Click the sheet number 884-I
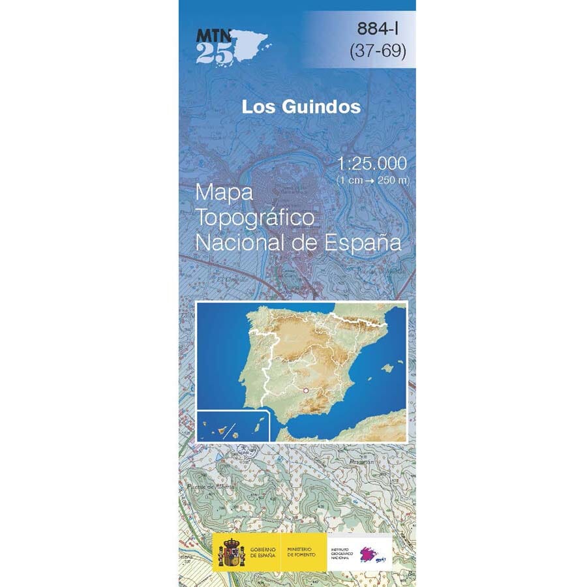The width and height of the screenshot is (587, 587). pyautogui.click(x=381, y=29)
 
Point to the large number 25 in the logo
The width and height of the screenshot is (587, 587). pyautogui.click(x=213, y=55)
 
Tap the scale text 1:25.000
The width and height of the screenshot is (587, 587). pyautogui.click(x=372, y=163)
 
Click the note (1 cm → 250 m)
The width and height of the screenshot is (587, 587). pyautogui.click(x=372, y=179)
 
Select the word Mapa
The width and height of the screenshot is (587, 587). pyautogui.click(x=222, y=192)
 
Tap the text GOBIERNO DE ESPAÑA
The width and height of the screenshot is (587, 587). pyautogui.click(x=263, y=552)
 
